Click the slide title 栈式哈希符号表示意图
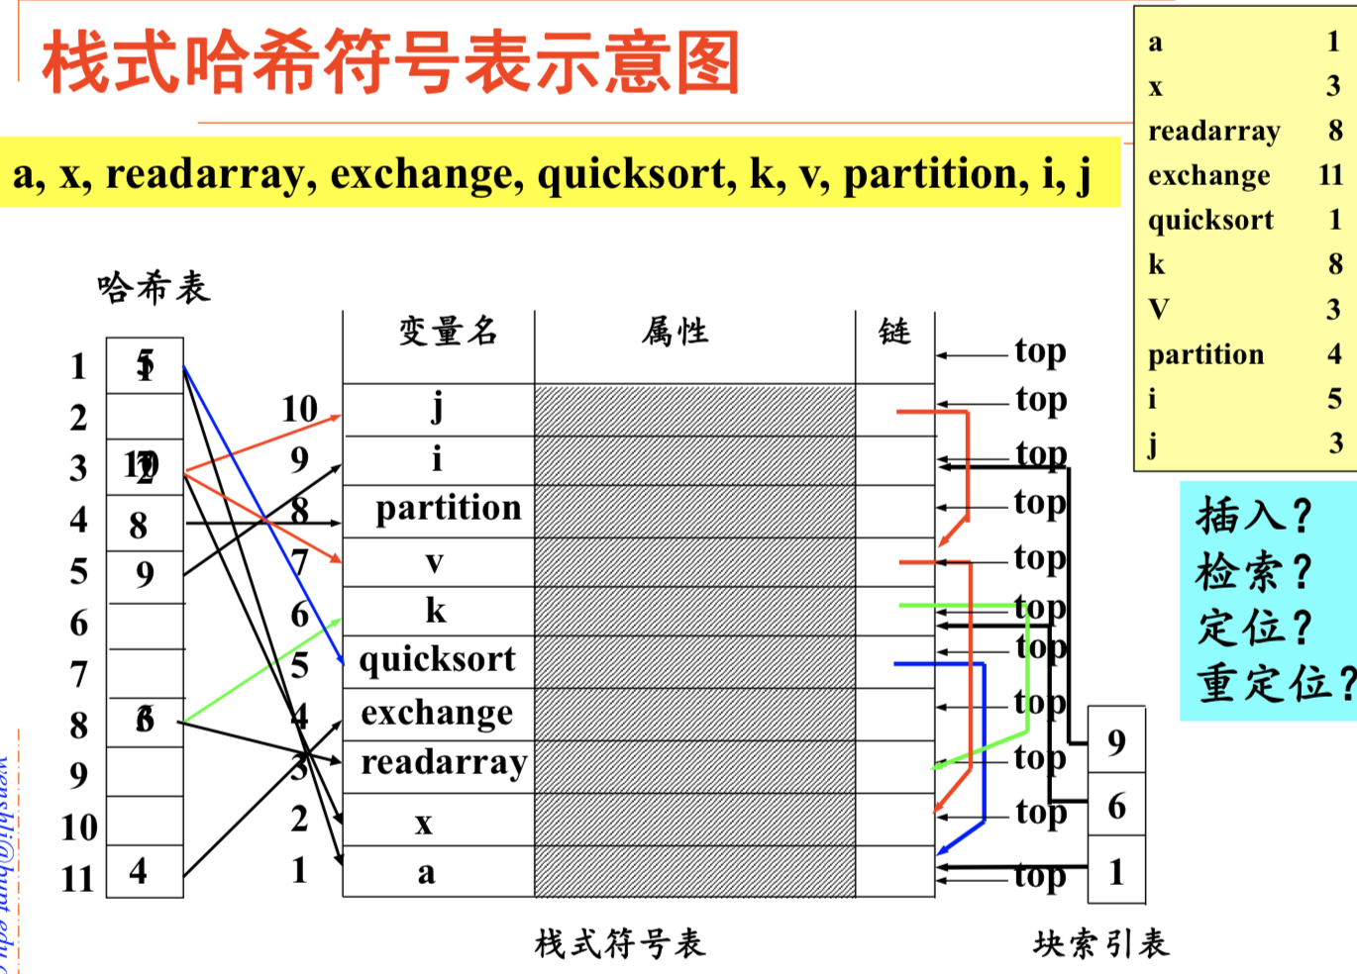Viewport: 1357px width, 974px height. (x=391, y=62)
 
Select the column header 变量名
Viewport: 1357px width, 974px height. (x=448, y=331)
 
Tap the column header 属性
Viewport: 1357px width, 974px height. (x=675, y=331)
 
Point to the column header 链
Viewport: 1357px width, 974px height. (x=893, y=331)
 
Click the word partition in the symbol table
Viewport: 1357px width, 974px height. (x=448, y=508)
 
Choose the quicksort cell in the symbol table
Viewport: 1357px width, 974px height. (x=437, y=659)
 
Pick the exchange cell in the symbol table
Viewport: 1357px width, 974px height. (x=437, y=713)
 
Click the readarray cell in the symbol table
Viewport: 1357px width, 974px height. (x=443, y=762)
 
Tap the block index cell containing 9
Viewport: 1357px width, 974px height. (x=1116, y=741)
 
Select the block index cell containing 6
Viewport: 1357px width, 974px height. (x=1116, y=806)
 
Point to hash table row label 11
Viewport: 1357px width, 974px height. (x=77, y=878)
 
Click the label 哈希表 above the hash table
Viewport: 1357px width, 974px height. (x=154, y=287)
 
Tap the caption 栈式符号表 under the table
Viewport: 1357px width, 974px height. (x=620, y=943)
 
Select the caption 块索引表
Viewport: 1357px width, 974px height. (x=1100, y=943)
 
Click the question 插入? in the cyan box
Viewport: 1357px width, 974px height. (x=1253, y=516)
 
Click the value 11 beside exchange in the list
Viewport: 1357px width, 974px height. (x=1330, y=175)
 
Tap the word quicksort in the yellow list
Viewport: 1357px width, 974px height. (x=1210, y=220)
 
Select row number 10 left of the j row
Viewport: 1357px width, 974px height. (x=299, y=409)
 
